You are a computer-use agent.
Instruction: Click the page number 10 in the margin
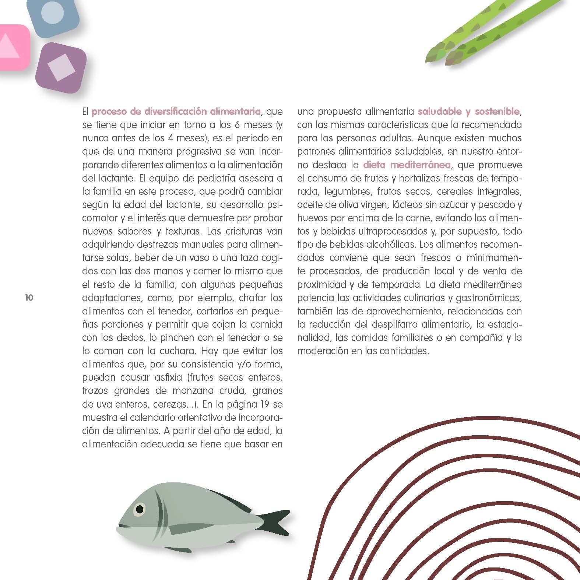point(29,298)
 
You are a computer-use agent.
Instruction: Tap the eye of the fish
point(140,509)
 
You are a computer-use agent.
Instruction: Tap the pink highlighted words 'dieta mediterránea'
point(407,165)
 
